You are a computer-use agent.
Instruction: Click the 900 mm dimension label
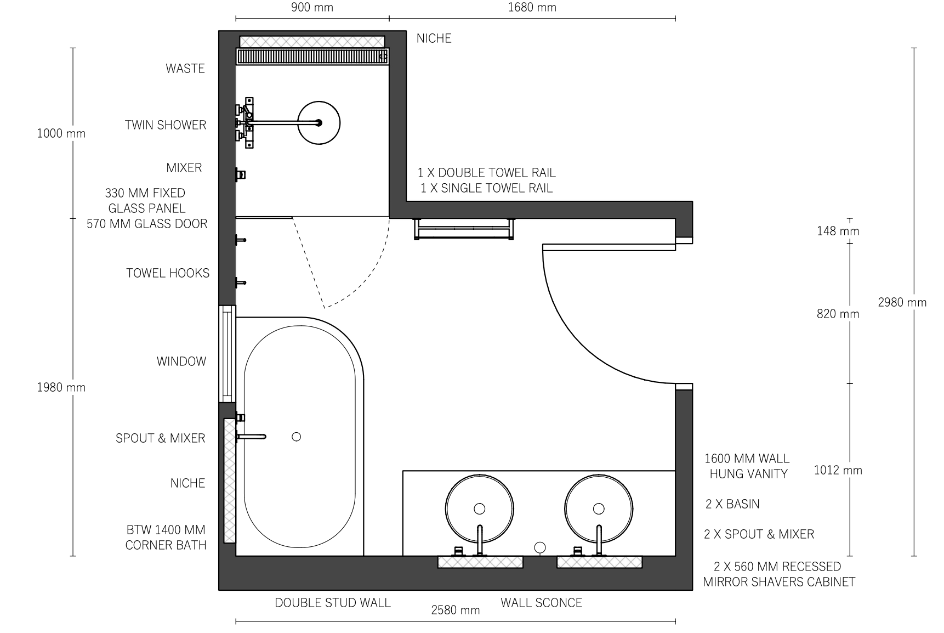click(312, 7)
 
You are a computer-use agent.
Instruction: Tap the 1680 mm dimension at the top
click(532, 7)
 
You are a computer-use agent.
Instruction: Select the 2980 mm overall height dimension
click(902, 302)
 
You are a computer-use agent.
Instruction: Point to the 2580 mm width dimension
click(455, 610)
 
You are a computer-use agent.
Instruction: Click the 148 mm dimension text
click(838, 231)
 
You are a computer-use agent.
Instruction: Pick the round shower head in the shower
click(319, 123)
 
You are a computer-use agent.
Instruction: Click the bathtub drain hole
click(297, 437)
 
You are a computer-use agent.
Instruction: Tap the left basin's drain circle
click(479, 508)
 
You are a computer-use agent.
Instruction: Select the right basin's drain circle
click(599, 508)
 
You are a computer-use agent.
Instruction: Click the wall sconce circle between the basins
click(540, 547)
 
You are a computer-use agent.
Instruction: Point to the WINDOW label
click(181, 361)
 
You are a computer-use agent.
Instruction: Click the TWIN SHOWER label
click(166, 125)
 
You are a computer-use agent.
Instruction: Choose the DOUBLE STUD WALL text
click(333, 603)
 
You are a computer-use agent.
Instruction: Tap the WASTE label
click(185, 69)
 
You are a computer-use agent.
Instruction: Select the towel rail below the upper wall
click(464, 229)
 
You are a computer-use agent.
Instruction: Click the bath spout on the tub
click(251, 437)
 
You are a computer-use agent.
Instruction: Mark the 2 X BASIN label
click(732, 504)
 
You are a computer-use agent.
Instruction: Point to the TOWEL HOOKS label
click(168, 273)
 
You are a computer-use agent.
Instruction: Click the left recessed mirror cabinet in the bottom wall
click(480, 562)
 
